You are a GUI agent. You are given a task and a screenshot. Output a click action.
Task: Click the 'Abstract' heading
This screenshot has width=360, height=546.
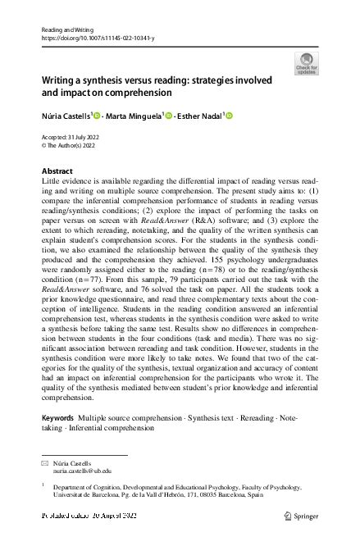(57, 171)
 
